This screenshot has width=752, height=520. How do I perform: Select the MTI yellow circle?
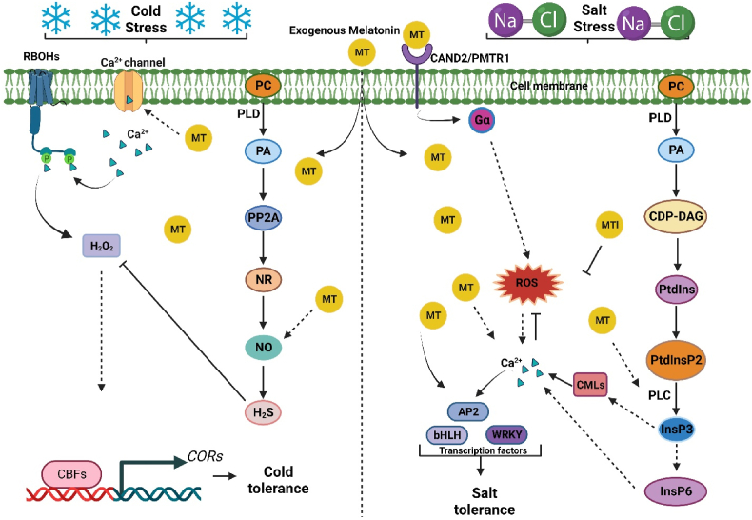(x=610, y=225)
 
